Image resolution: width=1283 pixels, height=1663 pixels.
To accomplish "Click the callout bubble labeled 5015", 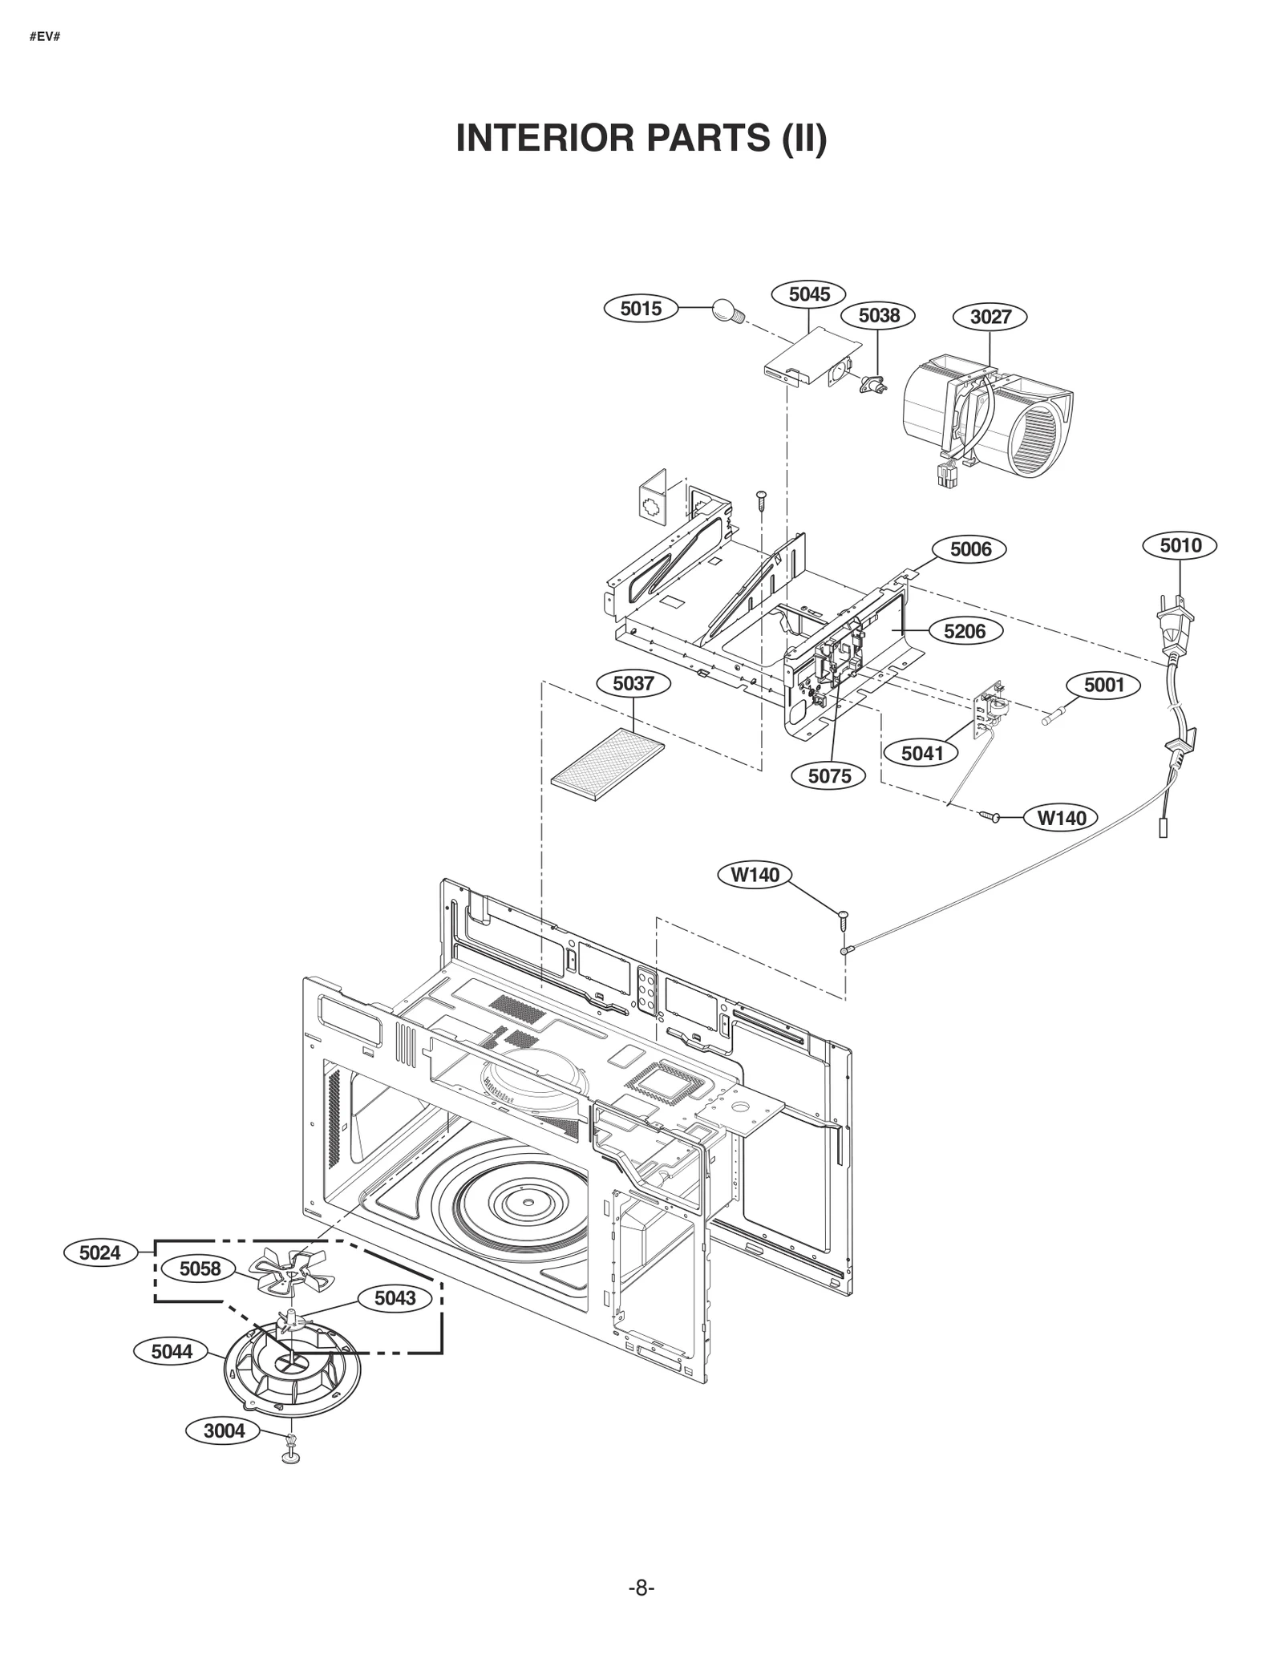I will [640, 308].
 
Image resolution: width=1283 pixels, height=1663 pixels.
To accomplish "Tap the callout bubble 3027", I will [990, 317].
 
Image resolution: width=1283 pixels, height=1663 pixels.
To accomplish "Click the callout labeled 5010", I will [1180, 546].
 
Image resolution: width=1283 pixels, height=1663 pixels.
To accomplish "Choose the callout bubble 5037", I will [633, 684].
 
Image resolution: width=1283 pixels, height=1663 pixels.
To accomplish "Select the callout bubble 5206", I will [964, 631].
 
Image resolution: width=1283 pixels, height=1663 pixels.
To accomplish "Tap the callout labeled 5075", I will [830, 775].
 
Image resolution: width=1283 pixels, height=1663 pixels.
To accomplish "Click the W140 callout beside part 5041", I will [1061, 818].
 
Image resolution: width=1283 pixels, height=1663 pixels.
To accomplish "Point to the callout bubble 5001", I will [1104, 685].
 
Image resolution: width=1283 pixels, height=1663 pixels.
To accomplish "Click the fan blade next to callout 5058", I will [285, 1274].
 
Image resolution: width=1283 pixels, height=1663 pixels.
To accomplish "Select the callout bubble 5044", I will [172, 1352].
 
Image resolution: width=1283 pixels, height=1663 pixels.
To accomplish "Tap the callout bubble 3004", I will [224, 1430].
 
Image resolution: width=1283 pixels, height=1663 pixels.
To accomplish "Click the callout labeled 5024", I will [99, 1252].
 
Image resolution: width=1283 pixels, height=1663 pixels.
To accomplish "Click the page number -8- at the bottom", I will [641, 1588].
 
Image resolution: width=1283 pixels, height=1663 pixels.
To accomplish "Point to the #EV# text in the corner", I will [45, 37].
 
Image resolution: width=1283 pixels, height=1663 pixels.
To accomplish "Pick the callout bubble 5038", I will [879, 315].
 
